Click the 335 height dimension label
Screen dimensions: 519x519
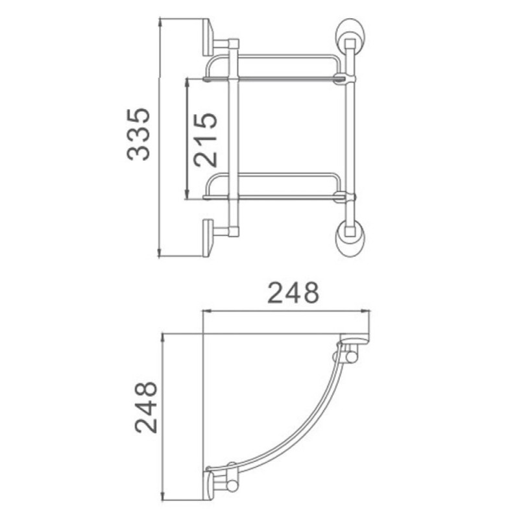click(x=138, y=134)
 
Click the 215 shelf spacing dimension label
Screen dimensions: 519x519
click(x=206, y=139)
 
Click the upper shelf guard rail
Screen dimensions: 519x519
click(x=273, y=56)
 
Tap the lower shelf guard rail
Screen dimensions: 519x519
click(x=273, y=174)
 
